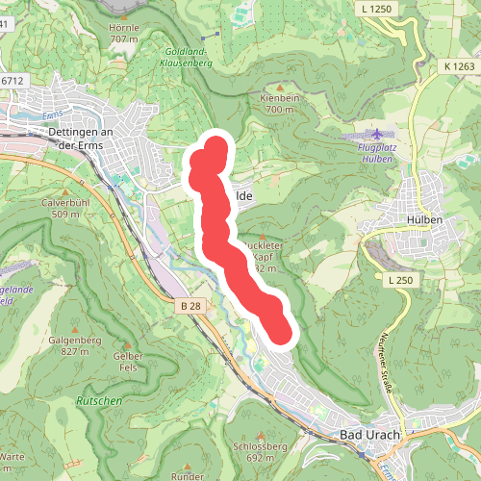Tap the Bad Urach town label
[370, 436]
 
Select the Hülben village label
[424, 219]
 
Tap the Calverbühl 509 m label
[65, 208]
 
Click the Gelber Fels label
[128, 361]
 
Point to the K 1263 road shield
[460, 65]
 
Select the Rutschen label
[99, 399]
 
